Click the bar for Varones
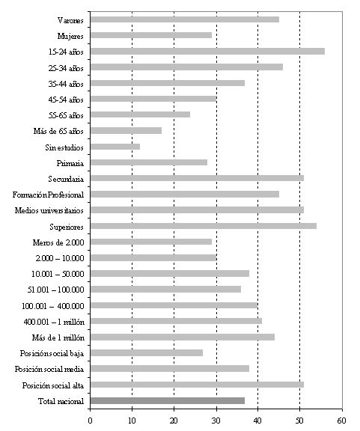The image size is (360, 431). (185, 19)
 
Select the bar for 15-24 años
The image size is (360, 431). (207, 52)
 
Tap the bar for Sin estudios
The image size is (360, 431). (115, 147)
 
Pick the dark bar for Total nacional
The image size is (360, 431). (168, 401)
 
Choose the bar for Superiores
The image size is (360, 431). (204, 226)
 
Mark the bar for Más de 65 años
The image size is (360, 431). (126, 130)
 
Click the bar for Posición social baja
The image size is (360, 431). (147, 353)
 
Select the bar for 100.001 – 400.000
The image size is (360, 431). (174, 305)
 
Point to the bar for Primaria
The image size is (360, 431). (149, 162)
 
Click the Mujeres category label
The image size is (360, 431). (70, 36)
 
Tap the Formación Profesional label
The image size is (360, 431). (48, 195)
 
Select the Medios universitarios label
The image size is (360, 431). (49, 210)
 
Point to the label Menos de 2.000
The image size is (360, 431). (58, 242)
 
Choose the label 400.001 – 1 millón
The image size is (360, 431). (54, 322)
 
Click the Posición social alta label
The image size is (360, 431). (53, 385)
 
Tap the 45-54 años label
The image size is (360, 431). (66, 100)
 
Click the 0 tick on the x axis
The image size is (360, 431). (90, 421)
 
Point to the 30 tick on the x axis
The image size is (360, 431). (217, 421)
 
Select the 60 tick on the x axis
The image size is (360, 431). (342, 421)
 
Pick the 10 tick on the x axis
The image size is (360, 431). (132, 421)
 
